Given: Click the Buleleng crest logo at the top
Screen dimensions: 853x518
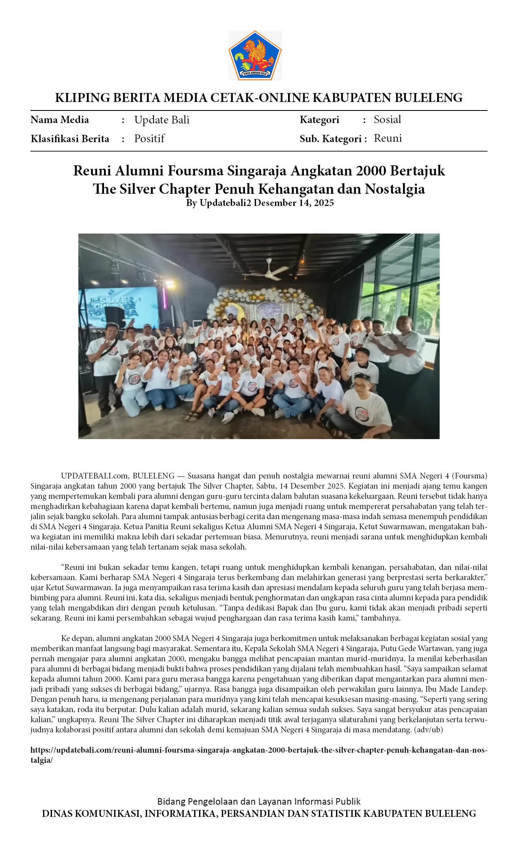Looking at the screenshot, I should point(255,55).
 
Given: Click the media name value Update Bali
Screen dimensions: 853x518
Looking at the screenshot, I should point(162,120).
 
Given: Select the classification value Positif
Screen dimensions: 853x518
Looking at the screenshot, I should point(149,139).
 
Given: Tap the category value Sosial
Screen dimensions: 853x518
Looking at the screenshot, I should point(387,119).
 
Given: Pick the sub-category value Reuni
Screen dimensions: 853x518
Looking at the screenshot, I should point(388,138).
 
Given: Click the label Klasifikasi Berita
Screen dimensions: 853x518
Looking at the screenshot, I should point(70,139).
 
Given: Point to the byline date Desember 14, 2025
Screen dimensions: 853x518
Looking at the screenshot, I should point(293,203).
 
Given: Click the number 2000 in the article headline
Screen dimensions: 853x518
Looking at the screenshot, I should point(371,171).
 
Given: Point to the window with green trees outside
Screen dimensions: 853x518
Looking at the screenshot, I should point(402,284).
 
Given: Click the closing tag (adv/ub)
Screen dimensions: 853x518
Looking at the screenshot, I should point(428,730).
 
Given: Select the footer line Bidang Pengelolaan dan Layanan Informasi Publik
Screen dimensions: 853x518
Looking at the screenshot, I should point(259,801).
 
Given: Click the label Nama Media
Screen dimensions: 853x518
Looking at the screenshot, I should point(60,120).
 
